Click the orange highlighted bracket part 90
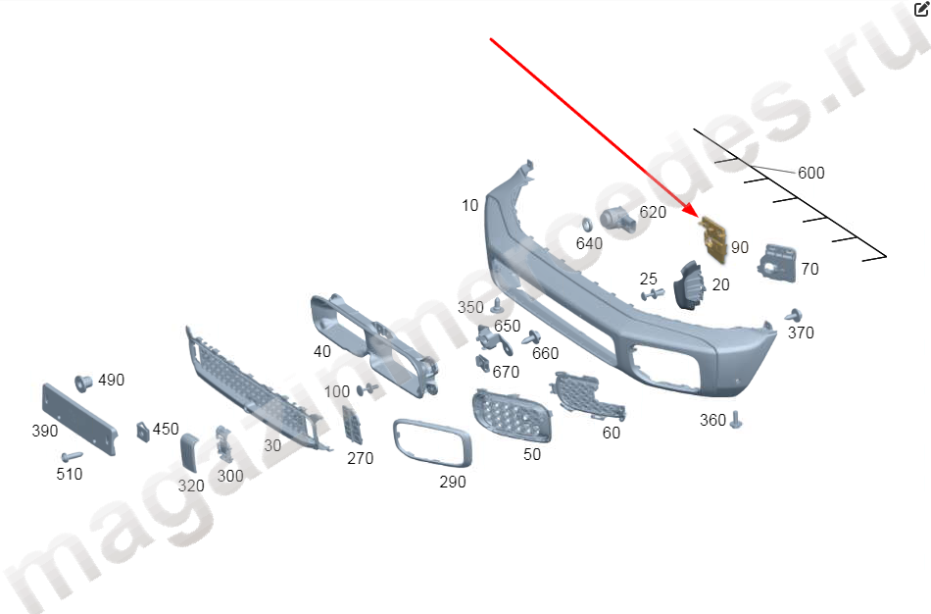click(713, 239)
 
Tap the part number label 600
click(811, 173)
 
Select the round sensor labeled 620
click(617, 221)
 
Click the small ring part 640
click(587, 225)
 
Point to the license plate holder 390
click(79, 419)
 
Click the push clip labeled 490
click(83, 383)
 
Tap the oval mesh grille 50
click(512, 415)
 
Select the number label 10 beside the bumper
click(469, 206)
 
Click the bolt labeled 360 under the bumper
click(736, 420)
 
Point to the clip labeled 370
click(794, 315)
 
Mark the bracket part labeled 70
click(777, 263)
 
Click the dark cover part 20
click(689, 284)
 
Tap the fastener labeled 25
click(653, 294)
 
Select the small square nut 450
click(143, 432)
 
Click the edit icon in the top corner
click(921, 9)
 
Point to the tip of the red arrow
click(698, 217)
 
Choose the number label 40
click(321, 352)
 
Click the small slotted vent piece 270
click(352, 426)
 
